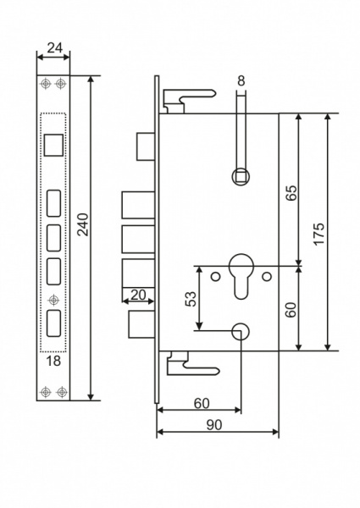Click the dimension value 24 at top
[x=54, y=48]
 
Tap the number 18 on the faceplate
[x=53, y=362]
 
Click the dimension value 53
[x=190, y=299]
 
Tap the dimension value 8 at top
[x=241, y=81]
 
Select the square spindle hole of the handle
[x=241, y=176]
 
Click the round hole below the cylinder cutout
[x=241, y=332]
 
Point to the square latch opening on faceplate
[x=53, y=145]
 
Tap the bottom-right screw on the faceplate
[x=60, y=391]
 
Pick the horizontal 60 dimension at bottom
[x=200, y=402]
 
